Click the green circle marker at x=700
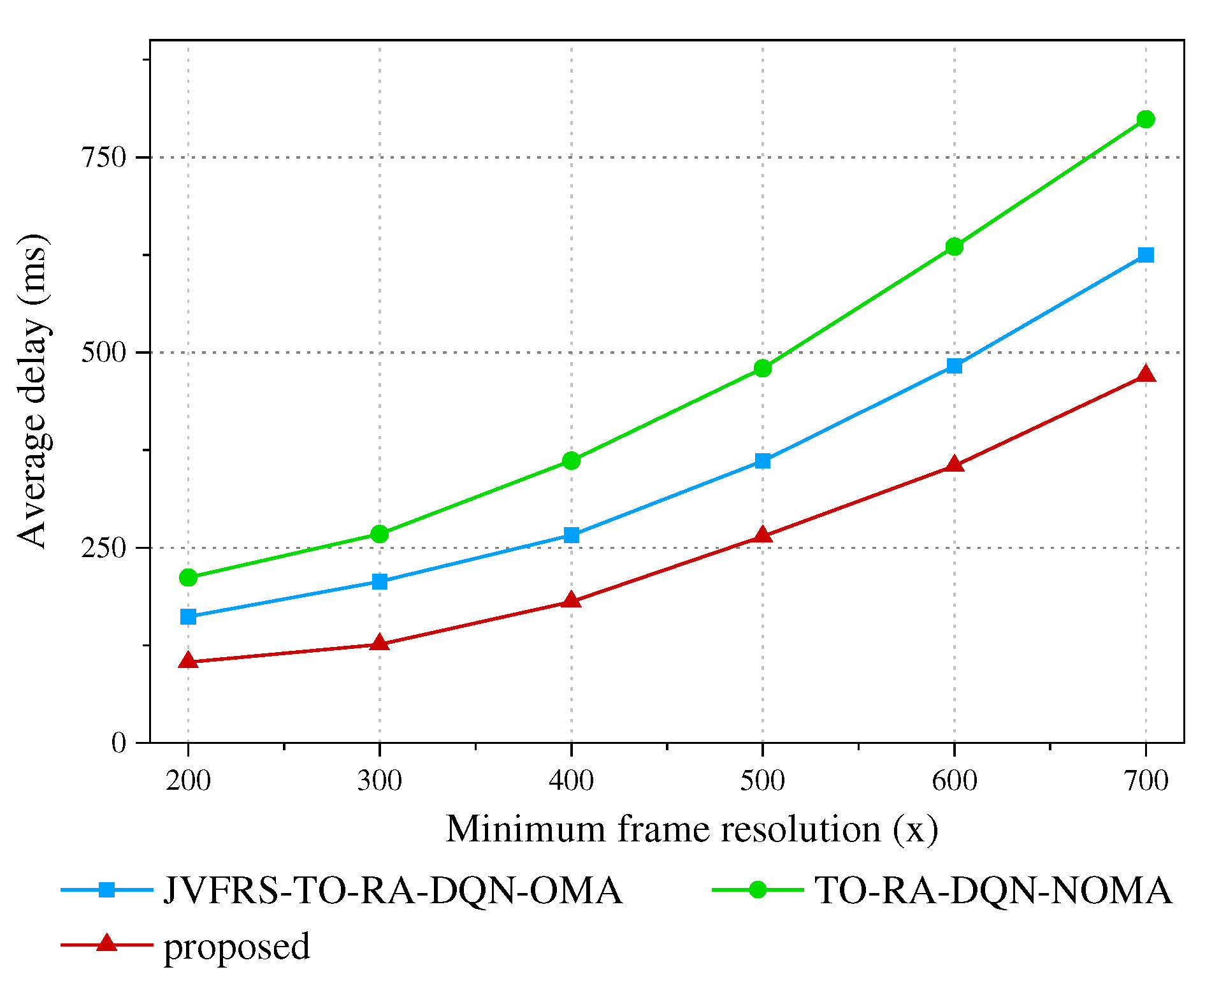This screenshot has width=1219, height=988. pos(1145,119)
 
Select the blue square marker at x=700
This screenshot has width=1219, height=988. pos(1145,255)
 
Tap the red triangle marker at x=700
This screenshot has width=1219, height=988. pos(1145,374)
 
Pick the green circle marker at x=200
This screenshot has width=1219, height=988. pos(188,578)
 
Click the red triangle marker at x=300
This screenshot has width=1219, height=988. pos(380,643)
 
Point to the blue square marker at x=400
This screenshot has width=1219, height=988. pos(572,535)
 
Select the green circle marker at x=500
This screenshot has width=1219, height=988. pos(763,368)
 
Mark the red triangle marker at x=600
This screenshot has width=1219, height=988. pos(954,465)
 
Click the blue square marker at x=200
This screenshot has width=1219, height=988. pos(188,616)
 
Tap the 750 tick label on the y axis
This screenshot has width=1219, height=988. pos(105,157)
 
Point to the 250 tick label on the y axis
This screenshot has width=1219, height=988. pos(105,548)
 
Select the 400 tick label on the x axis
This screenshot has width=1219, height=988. pos(572,781)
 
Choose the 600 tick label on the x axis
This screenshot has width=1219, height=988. pos(954,781)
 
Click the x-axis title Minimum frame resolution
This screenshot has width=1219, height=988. pos(691,830)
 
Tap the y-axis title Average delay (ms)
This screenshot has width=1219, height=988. pos(32,390)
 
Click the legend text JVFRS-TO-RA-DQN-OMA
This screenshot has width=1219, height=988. pos(393,890)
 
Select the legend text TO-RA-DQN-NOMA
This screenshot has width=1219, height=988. pos(993,890)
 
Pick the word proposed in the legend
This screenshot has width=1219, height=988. pos(237,946)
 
